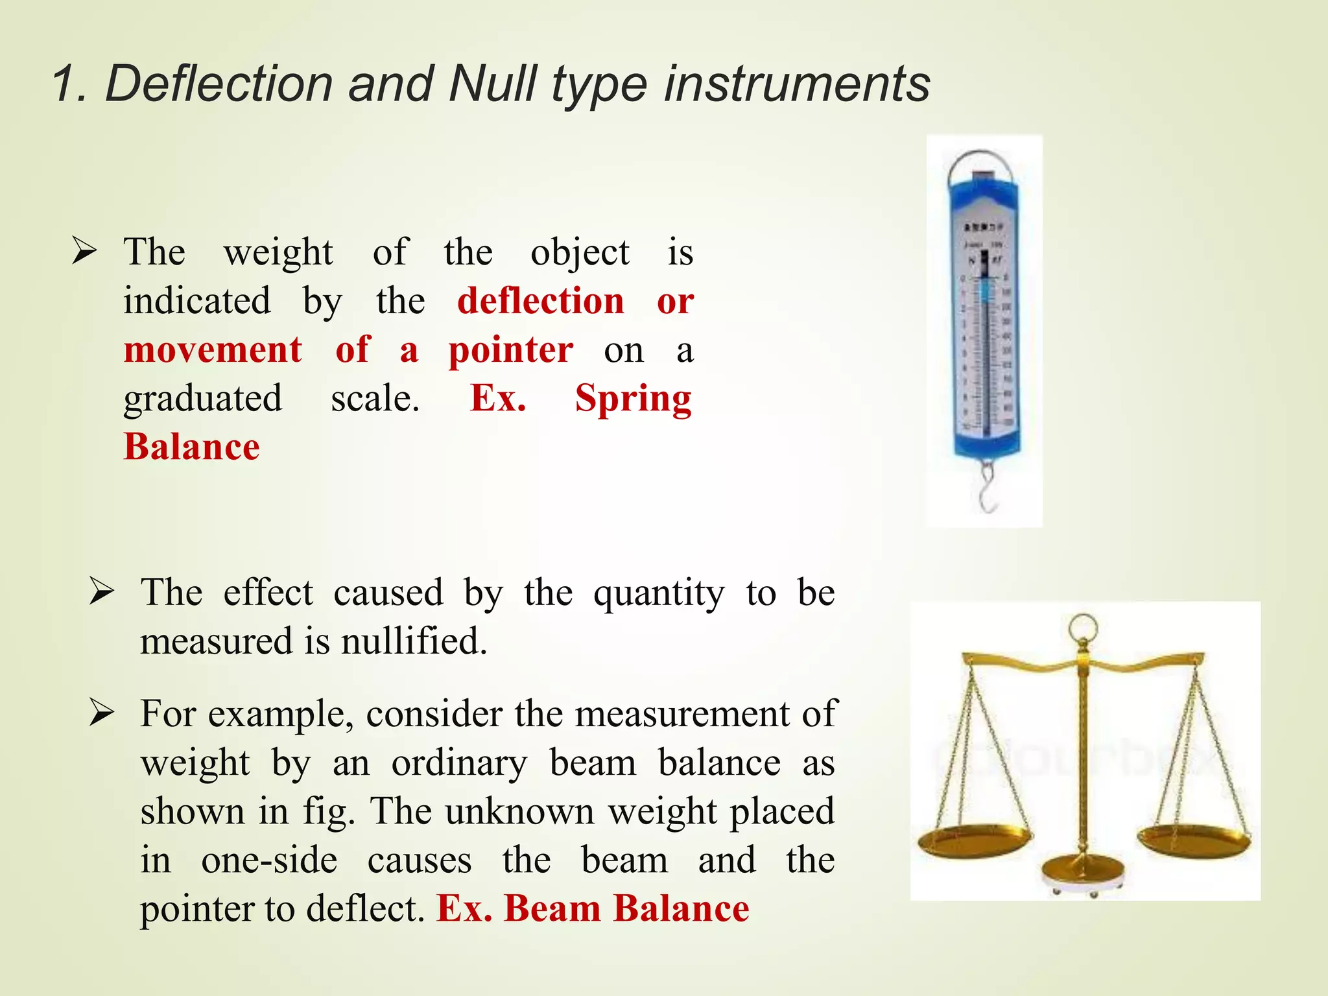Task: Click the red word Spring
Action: pyautogui.click(x=634, y=398)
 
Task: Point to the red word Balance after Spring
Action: pyautogui.click(x=192, y=447)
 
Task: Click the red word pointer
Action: pyautogui.click(x=511, y=350)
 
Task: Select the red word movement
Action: pyautogui.click(x=213, y=350)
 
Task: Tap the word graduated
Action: pyautogui.click(x=203, y=398)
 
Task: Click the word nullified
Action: pyautogui.click(x=414, y=641)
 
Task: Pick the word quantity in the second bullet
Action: pyautogui.click(x=658, y=593)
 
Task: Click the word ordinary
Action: pyautogui.click(x=459, y=763)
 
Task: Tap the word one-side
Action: pyautogui.click(x=269, y=860)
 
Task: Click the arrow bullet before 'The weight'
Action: pyautogui.click(x=85, y=251)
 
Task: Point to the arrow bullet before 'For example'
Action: pyautogui.click(x=102, y=713)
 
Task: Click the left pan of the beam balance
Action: pyautogui.click(x=974, y=840)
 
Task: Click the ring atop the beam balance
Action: pyautogui.click(x=1084, y=627)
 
